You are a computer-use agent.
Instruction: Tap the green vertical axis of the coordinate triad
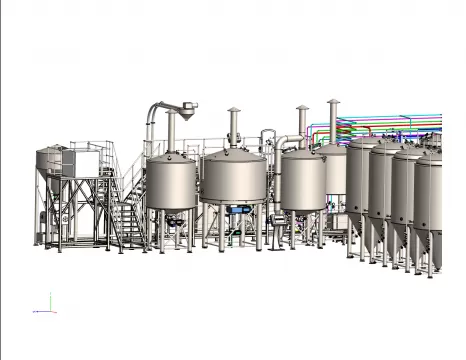click(49, 302)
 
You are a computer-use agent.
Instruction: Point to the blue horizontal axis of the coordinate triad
click(41, 311)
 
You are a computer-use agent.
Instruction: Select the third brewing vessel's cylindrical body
click(302, 182)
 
